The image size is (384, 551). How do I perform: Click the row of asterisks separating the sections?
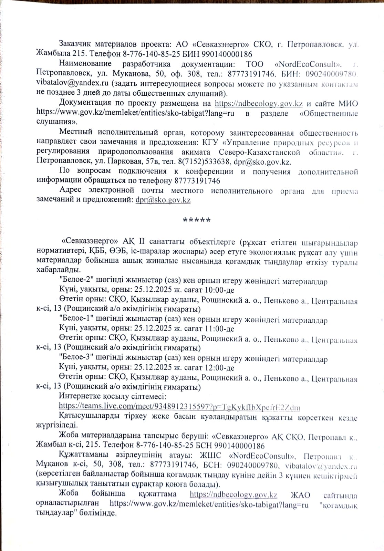pos(197,220)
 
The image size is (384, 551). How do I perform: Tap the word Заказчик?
pos(75,44)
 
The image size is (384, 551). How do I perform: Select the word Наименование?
pos(85,64)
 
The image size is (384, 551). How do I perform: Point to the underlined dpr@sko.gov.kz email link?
pos(163,200)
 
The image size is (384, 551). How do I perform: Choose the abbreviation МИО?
pos(348,103)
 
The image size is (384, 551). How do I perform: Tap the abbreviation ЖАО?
pos(300,495)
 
